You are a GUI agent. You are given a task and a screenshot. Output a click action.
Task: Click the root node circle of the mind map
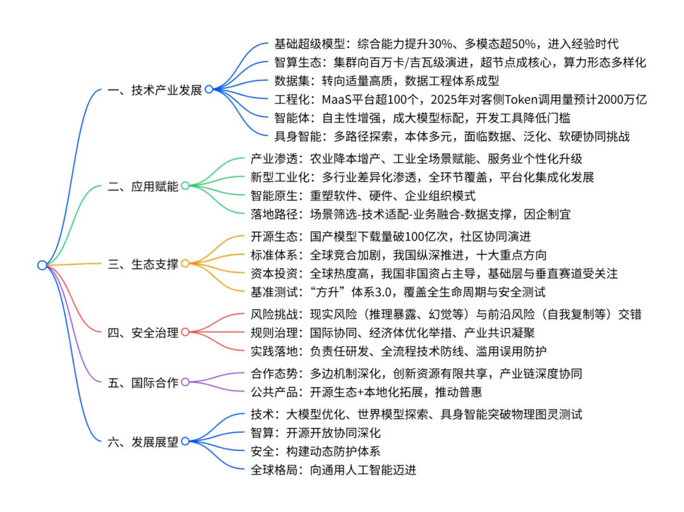(42, 265)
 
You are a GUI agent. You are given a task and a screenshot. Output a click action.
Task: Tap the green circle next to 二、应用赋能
(185, 186)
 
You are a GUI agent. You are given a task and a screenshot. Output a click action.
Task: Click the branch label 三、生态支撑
(142, 264)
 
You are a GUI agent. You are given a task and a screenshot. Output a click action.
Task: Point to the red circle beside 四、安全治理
(185, 332)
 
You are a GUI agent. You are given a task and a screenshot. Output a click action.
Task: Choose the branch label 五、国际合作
(142, 382)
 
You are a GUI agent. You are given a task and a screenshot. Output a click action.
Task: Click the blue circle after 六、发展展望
(185, 442)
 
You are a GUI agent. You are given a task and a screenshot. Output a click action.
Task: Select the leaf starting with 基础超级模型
(446, 44)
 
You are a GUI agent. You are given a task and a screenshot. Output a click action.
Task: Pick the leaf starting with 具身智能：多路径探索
(452, 136)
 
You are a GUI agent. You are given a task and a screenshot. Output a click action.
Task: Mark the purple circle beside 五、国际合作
(185, 382)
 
